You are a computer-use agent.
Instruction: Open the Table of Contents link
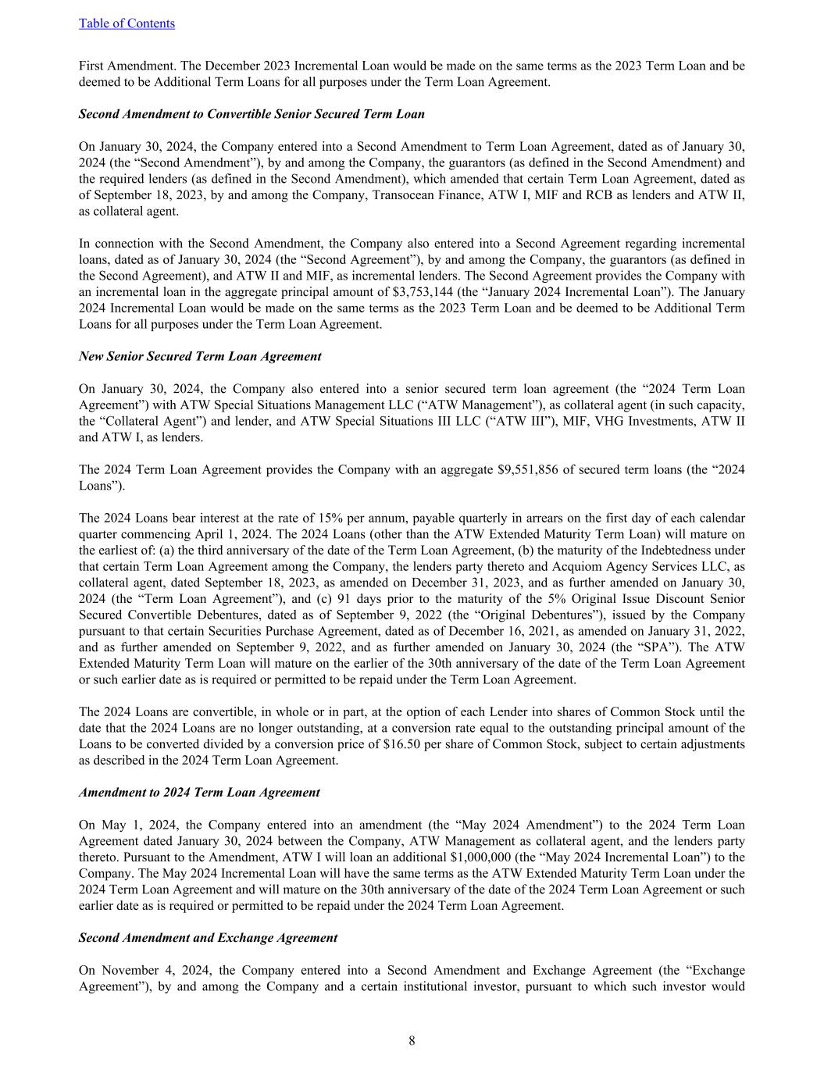tap(127, 23)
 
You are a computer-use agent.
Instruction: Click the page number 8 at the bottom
tap(412, 1040)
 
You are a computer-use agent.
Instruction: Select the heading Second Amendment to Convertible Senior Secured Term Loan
tap(251, 114)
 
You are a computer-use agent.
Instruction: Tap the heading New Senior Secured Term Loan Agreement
tap(200, 356)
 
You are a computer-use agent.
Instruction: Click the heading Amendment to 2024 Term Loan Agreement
tap(199, 792)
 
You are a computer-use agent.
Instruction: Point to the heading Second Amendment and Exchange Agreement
tap(208, 938)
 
